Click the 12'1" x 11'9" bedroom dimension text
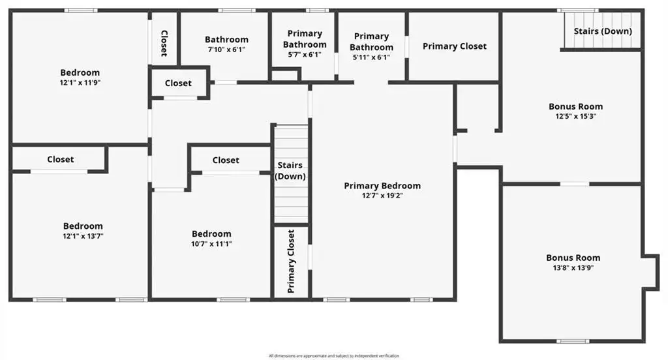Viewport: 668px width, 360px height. [80, 83]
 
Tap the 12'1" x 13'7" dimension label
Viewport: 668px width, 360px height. [83, 236]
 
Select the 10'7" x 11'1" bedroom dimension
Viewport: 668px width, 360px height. [211, 244]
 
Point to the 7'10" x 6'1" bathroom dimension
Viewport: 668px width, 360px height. [226, 50]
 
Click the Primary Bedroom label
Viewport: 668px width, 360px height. [382, 186]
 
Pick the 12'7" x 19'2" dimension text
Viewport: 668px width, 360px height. [382, 196]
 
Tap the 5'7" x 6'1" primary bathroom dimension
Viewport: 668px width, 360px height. [305, 55]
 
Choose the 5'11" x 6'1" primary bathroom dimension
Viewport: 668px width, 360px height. [371, 57]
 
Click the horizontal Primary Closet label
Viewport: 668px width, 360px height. [455, 46]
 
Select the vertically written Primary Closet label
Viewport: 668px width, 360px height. [291, 261]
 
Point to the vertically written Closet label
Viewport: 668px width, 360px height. [164, 43]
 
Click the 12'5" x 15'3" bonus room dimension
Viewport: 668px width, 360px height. [575, 116]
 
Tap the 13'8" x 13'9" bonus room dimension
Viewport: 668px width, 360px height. [573, 268]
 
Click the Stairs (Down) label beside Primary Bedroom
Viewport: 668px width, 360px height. [290, 170]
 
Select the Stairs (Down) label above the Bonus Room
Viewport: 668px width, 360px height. [603, 31]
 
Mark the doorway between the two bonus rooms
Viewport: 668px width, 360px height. [574, 184]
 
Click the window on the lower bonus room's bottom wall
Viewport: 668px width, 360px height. [573, 341]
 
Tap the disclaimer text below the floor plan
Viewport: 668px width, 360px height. [334, 355]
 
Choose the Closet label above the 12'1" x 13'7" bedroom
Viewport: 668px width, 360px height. [61, 159]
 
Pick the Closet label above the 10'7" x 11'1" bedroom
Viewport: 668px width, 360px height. [226, 160]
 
